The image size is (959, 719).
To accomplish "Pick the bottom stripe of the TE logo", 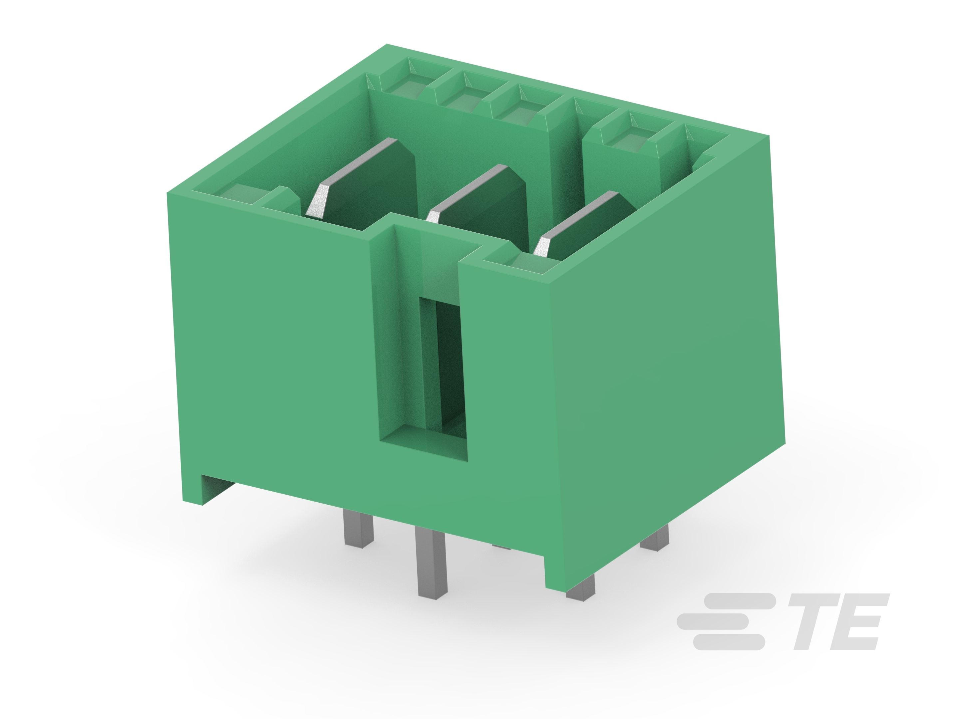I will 728,642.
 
